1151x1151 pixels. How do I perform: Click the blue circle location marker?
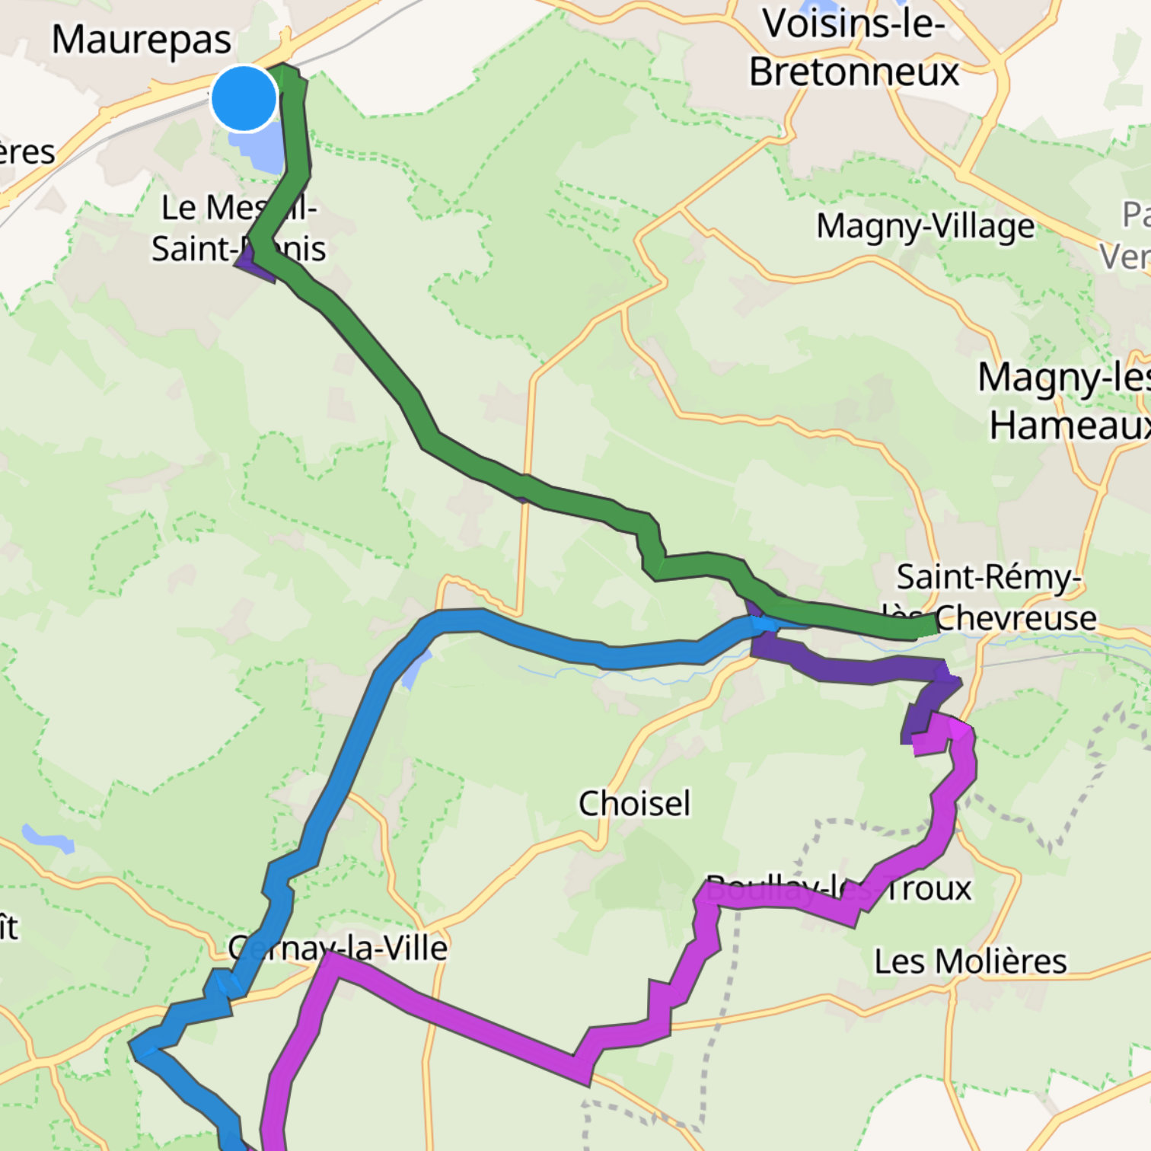click(244, 99)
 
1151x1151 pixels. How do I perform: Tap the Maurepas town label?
click(142, 40)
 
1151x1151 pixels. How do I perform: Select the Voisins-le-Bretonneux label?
click(853, 48)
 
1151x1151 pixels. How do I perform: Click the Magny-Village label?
click(925, 226)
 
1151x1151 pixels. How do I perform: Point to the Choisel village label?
click(634, 804)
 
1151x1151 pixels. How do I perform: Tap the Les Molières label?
click(970, 961)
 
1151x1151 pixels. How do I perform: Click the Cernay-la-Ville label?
click(338, 949)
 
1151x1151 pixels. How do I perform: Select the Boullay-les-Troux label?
click(838, 888)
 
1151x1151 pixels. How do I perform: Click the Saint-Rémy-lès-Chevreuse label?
click(990, 598)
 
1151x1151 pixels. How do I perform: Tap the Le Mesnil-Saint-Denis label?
click(238, 228)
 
